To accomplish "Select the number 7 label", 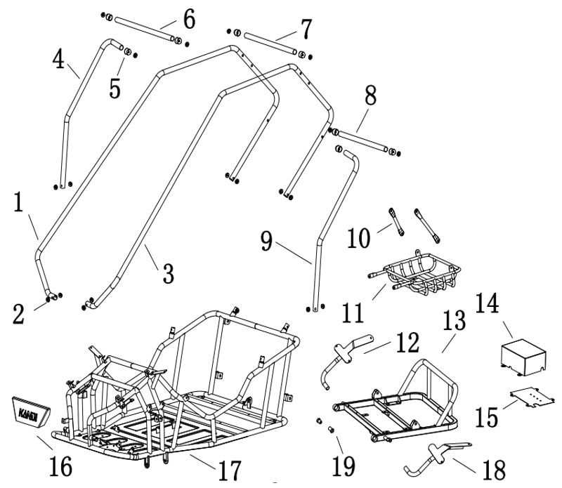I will pos(305,29).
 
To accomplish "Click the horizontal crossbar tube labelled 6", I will pos(143,29).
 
